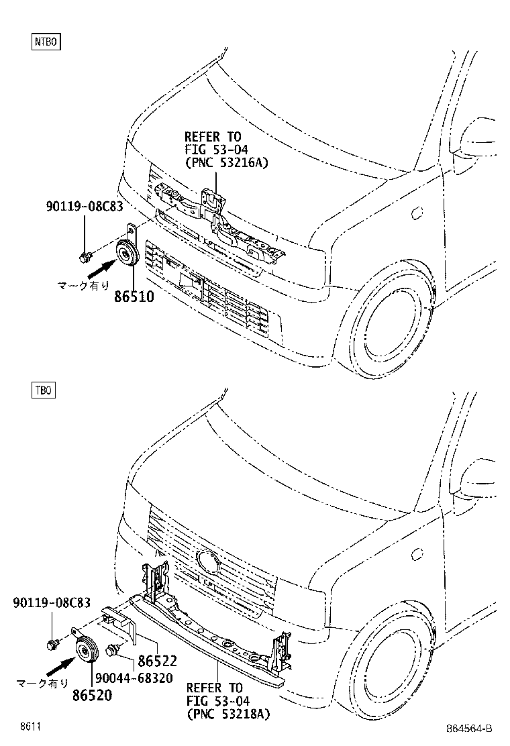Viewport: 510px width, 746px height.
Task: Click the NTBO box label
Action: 46,42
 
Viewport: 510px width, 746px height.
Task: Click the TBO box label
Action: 44,390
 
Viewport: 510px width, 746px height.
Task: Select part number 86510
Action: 134,297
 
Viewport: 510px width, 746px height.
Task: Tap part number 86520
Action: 93,695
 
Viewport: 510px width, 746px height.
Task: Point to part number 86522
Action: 158,661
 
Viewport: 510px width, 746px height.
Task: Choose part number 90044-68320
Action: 134,678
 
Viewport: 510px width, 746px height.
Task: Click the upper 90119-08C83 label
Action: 85,207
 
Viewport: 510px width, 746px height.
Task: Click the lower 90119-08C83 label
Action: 52,602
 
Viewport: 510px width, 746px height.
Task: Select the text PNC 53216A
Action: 227,163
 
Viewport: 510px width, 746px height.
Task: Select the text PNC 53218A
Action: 228,714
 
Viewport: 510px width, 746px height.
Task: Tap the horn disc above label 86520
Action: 87,649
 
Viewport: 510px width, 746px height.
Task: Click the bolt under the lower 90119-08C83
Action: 52,645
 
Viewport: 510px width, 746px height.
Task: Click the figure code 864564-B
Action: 469,729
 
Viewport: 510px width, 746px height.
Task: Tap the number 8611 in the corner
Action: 30,727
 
